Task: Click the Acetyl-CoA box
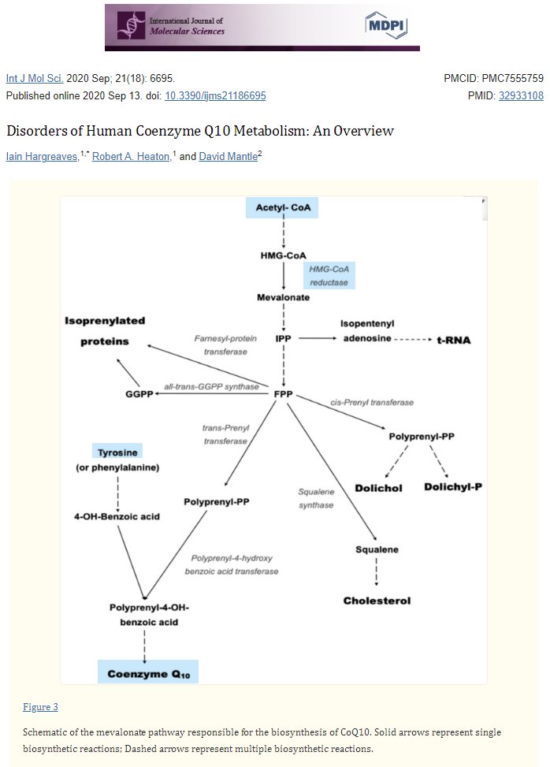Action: click(282, 207)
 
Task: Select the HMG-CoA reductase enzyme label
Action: click(329, 275)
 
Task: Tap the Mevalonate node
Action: click(283, 297)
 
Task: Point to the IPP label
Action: click(283, 338)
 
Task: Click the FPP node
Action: click(283, 394)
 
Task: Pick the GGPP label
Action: click(139, 394)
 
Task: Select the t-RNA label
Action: click(454, 341)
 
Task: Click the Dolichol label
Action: click(378, 488)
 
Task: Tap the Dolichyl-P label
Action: click(453, 486)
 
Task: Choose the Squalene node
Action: click(377, 549)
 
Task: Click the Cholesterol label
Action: click(377, 601)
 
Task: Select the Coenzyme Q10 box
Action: click(148, 672)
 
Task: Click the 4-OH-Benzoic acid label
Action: click(117, 516)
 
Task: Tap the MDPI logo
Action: click(386, 25)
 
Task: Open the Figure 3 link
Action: click(40, 707)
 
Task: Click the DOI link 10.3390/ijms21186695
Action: click(215, 96)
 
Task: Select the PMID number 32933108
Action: click(521, 96)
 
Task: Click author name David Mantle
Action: click(229, 157)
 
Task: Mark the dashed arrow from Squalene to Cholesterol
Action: click(377, 572)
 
